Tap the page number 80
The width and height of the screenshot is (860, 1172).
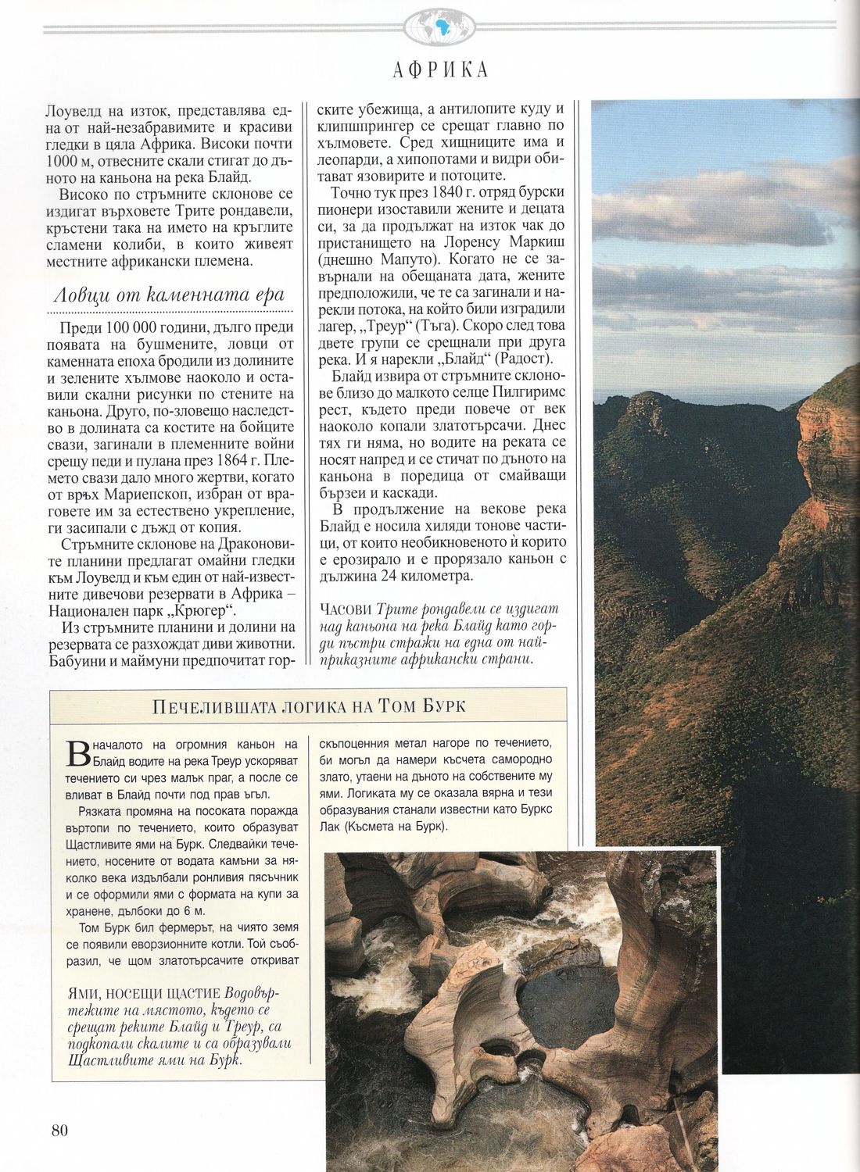[61, 1130]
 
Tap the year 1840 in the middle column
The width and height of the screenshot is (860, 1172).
[443, 192]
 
